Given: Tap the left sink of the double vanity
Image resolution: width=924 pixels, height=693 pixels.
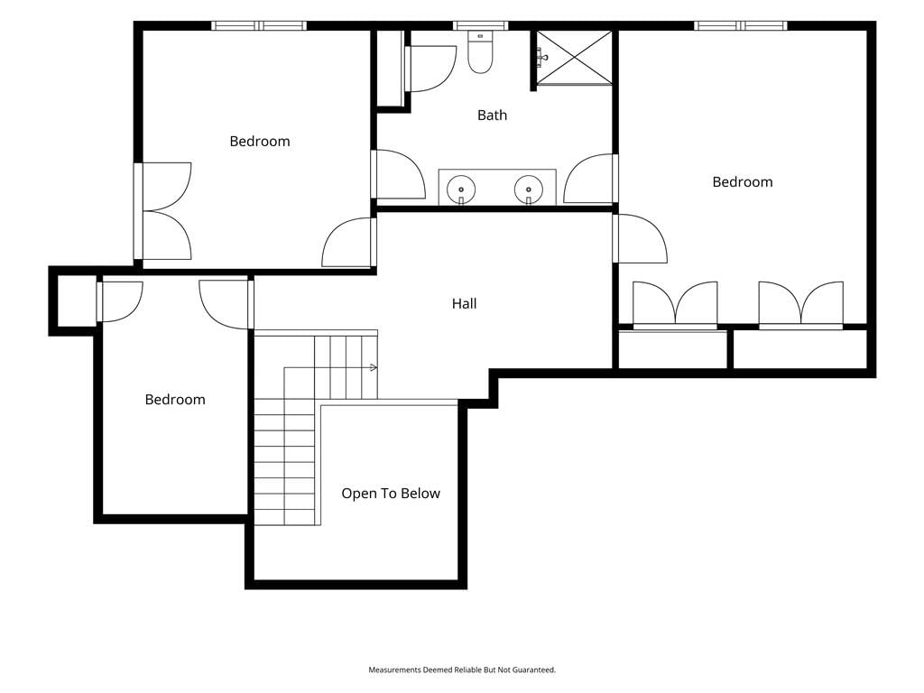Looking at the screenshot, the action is click(x=461, y=189).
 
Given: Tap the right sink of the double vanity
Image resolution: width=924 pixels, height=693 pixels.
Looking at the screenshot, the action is click(x=529, y=189).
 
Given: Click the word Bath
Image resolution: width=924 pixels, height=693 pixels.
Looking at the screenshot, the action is click(x=492, y=115).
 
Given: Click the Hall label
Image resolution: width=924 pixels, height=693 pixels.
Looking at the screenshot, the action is click(x=465, y=303).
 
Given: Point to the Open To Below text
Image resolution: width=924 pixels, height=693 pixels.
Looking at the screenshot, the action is click(x=391, y=494).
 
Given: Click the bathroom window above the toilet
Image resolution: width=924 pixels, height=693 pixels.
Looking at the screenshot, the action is click(x=480, y=25).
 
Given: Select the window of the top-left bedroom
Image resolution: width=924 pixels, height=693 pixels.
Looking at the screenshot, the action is click(x=259, y=25).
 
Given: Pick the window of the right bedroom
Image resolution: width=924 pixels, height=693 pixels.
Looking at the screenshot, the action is click(x=740, y=25).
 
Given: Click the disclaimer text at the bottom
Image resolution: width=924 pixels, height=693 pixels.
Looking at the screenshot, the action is click(x=462, y=670).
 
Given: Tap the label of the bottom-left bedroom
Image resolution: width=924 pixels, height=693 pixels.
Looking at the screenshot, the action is click(x=175, y=400).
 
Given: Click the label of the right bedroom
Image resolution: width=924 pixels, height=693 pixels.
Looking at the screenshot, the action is click(x=743, y=182).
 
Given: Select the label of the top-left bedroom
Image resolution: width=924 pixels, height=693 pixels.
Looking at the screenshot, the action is click(x=260, y=142).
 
